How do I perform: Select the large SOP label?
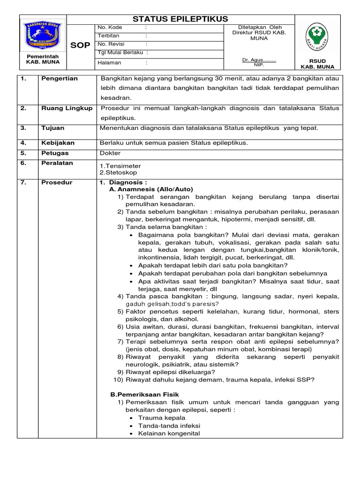click(x=80, y=45)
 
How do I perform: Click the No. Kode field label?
click(x=110, y=28)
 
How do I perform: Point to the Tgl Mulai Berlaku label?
click(x=120, y=52)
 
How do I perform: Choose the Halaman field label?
click(x=109, y=62)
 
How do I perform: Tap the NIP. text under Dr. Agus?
click(x=259, y=65)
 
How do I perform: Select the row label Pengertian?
click(x=59, y=79)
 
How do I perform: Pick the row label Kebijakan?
click(x=58, y=143)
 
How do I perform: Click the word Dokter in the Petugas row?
click(x=110, y=153)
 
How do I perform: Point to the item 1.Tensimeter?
click(x=120, y=166)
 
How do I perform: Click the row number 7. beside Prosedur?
click(x=23, y=182)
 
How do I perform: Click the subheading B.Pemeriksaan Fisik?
click(x=144, y=395)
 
